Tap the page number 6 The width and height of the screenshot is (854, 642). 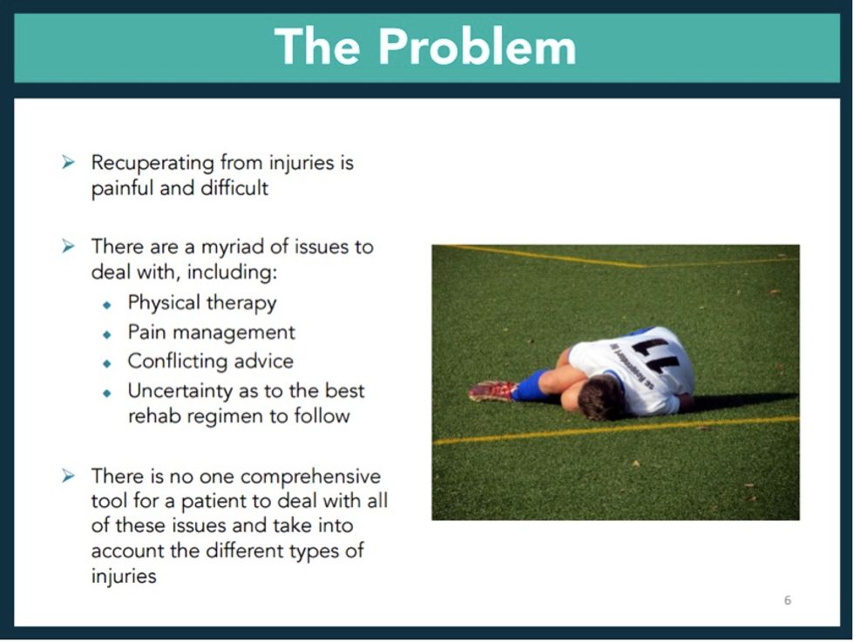[788, 600]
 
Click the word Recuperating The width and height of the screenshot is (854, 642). [152, 163]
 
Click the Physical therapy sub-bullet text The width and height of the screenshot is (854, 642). [202, 303]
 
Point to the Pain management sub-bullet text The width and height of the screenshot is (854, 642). [211, 332]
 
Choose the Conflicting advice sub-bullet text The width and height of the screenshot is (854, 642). [210, 361]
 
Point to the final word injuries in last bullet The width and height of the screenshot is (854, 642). [123, 577]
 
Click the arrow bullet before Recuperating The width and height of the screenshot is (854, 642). [69, 163]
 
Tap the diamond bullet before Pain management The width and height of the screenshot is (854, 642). [107, 334]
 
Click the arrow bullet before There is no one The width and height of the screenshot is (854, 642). [69, 476]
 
